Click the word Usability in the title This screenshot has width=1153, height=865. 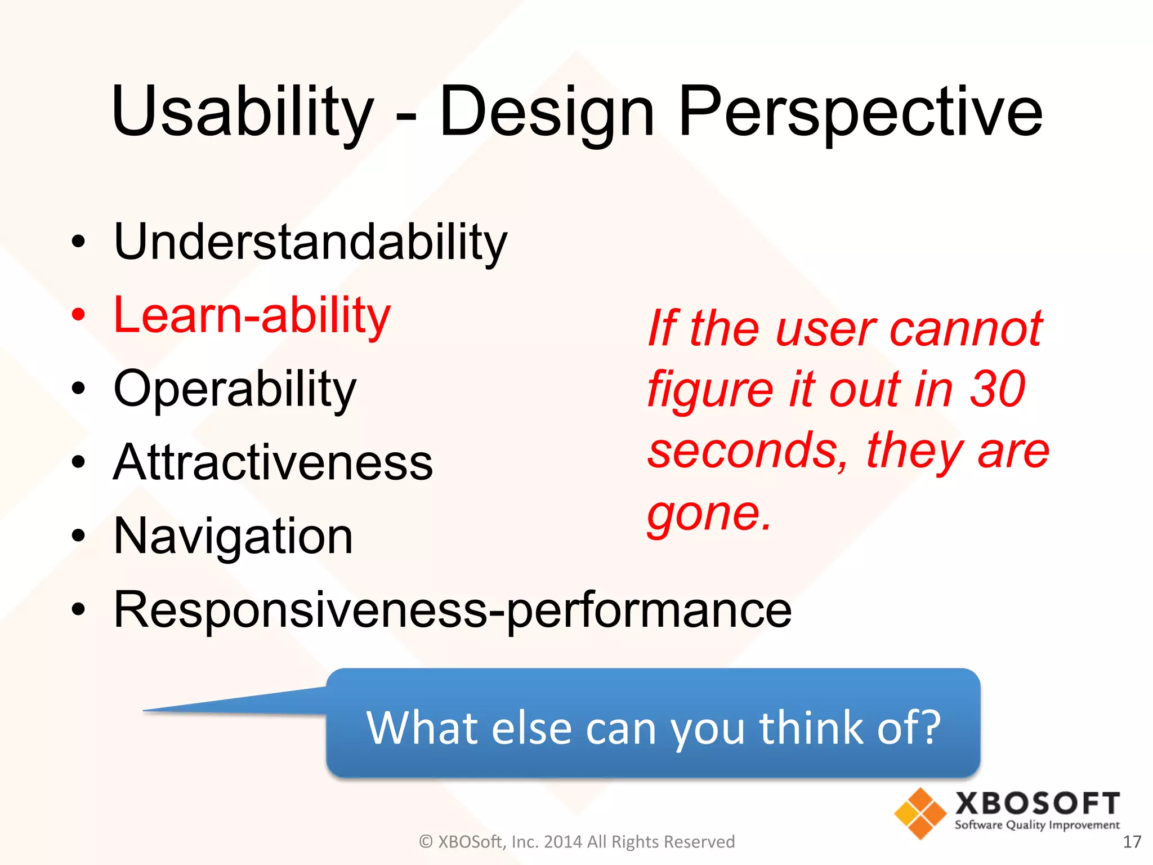pos(242,112)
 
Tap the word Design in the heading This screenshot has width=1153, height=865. pos(546,112)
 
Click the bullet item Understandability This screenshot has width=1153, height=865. pos(310,242)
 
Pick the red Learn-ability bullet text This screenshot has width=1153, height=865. pos(252,315)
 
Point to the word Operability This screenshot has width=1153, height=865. pos(235,389)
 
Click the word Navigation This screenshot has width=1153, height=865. pos(233,536)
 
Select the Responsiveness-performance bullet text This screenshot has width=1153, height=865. pos(453,610)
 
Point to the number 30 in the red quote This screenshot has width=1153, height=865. pos(997,389)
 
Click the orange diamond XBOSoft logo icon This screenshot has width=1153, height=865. pos(920,813)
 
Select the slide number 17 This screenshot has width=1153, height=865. pos(1132,842)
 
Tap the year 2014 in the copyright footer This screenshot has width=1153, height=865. pos(564,842)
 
